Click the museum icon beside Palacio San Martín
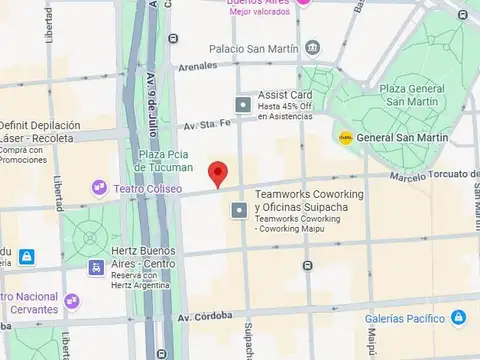313,47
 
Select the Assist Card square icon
242,104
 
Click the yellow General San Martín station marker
346,138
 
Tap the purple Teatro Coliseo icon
99,187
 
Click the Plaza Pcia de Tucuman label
163,159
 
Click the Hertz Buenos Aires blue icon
96,267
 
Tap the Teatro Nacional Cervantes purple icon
72,300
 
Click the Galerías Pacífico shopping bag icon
458,318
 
